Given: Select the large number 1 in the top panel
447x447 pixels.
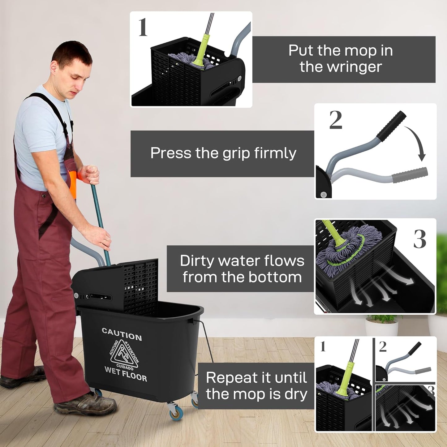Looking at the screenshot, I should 143,27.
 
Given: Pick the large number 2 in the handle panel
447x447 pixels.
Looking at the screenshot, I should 336,120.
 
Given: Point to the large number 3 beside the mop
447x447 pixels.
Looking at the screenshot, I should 420,239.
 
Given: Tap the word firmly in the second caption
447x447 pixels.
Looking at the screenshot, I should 275,153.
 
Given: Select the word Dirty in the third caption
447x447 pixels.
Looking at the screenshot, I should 197,261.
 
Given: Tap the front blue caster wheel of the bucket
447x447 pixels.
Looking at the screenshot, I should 175,411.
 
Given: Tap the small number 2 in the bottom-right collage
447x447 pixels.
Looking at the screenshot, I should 383,347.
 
